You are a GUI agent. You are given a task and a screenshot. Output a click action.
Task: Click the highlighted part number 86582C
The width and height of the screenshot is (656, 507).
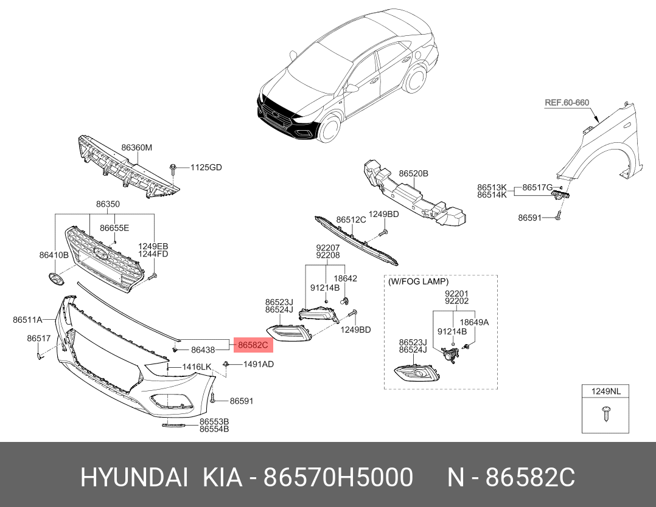click(253, 345)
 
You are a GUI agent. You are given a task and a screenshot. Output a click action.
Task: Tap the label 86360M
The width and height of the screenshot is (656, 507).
click(136, 148)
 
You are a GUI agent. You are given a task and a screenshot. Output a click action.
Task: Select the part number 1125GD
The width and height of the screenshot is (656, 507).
click(206, 167)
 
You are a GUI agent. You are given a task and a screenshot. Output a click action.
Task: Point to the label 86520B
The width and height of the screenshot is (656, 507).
click(414, 173)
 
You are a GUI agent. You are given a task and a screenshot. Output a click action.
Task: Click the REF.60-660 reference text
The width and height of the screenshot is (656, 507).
click(566, 103)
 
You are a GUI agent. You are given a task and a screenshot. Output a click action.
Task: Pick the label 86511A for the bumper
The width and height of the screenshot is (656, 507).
click(27, 319)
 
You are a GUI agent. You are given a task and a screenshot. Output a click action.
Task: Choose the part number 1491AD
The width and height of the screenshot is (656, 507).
click(259, 364)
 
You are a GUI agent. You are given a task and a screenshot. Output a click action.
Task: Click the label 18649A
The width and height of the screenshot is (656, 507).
click(474, 322)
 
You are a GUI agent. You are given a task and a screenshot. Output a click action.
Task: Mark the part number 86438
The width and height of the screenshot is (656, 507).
click(203, 350)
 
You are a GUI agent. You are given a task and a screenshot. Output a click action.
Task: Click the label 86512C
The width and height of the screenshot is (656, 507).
click(351, 219)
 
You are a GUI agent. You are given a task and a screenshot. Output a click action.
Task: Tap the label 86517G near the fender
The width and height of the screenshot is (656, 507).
click(537, 187)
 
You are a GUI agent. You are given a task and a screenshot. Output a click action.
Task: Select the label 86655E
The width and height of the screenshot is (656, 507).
click(114, 228)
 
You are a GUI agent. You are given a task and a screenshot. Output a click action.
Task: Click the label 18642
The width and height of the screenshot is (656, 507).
click(346, 278)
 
